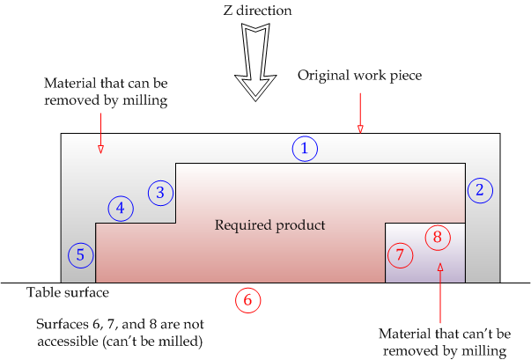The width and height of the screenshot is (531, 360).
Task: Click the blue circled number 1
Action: click(x=305, y=149)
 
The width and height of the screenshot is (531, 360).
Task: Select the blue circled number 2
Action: click(x=480, y=190)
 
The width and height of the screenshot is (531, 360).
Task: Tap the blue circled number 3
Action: click(x=160, y=193)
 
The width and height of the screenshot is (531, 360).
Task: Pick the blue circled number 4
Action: click(x=121, y=209)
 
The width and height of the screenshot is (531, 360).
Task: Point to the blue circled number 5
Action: click(x=81, y=255)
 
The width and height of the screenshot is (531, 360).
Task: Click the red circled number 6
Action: click(x=248, y=300)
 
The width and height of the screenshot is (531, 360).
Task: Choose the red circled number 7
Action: click(x=400, y=255)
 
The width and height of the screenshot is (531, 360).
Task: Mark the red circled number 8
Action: click(x=438, y=237)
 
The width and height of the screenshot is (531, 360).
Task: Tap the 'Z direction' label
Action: click(x=257, y=11)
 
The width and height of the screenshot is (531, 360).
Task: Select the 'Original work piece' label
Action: click(x=359, y=76)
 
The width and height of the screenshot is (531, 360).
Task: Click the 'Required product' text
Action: click(x=269, y=225)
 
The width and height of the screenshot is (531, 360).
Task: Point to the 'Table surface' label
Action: click(x=68, y=293)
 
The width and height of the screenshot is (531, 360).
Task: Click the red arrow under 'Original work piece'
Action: click(x=360, y=114)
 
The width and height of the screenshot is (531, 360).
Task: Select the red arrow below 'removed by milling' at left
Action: click(x=100, y=133)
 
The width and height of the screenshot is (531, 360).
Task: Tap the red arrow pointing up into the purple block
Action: click(x=440, y=293)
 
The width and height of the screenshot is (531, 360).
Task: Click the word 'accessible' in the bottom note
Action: click(x=68, y=342)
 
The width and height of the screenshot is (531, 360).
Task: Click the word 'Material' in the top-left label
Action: click(x=70, y=84)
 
